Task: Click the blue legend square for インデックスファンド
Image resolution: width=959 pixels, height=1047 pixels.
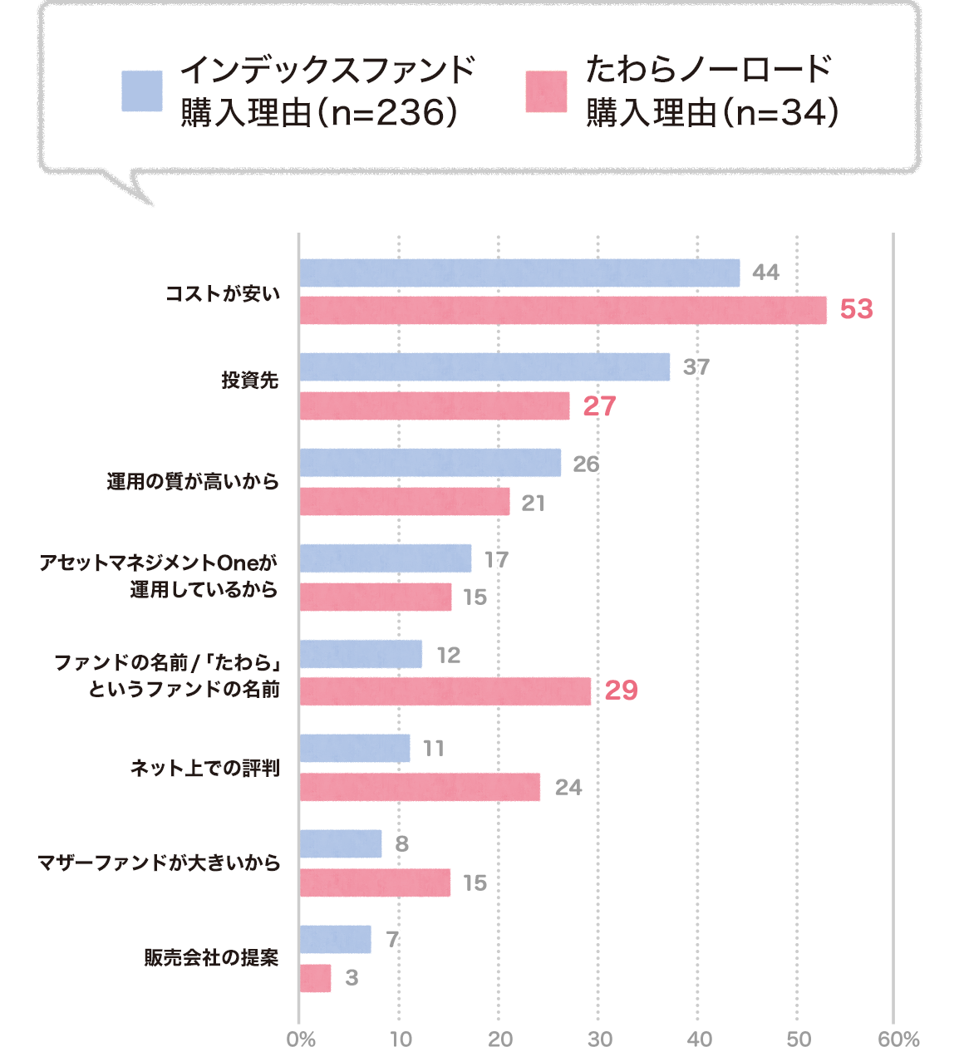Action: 142,91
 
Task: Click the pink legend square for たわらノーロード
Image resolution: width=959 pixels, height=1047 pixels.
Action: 546,91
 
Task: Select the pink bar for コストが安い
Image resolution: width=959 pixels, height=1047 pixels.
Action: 563,310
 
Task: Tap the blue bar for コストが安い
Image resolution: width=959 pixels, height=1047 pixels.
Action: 519,273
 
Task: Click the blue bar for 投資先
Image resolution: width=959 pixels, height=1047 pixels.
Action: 484,366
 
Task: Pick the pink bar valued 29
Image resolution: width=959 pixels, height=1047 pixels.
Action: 445,691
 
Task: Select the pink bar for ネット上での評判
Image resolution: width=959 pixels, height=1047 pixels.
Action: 420,787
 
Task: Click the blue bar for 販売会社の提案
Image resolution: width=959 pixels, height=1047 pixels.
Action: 335,939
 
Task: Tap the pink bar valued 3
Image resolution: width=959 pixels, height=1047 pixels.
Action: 315,978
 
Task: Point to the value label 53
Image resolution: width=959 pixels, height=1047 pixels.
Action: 856,309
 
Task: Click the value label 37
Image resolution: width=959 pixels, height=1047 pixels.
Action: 696,366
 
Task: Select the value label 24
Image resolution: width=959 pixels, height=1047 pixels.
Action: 568,787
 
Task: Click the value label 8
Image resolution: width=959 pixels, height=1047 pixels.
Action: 402,844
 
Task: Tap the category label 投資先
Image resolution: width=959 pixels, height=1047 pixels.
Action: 249,380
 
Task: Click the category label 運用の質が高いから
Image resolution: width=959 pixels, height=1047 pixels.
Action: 193,481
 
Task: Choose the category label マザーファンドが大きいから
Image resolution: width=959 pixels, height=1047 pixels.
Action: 159,863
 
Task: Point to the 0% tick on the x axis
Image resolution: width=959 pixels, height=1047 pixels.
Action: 301,1038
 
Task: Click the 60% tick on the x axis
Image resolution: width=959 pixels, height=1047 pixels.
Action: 898,1038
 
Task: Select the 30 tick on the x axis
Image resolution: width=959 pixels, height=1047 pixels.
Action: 600,1038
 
